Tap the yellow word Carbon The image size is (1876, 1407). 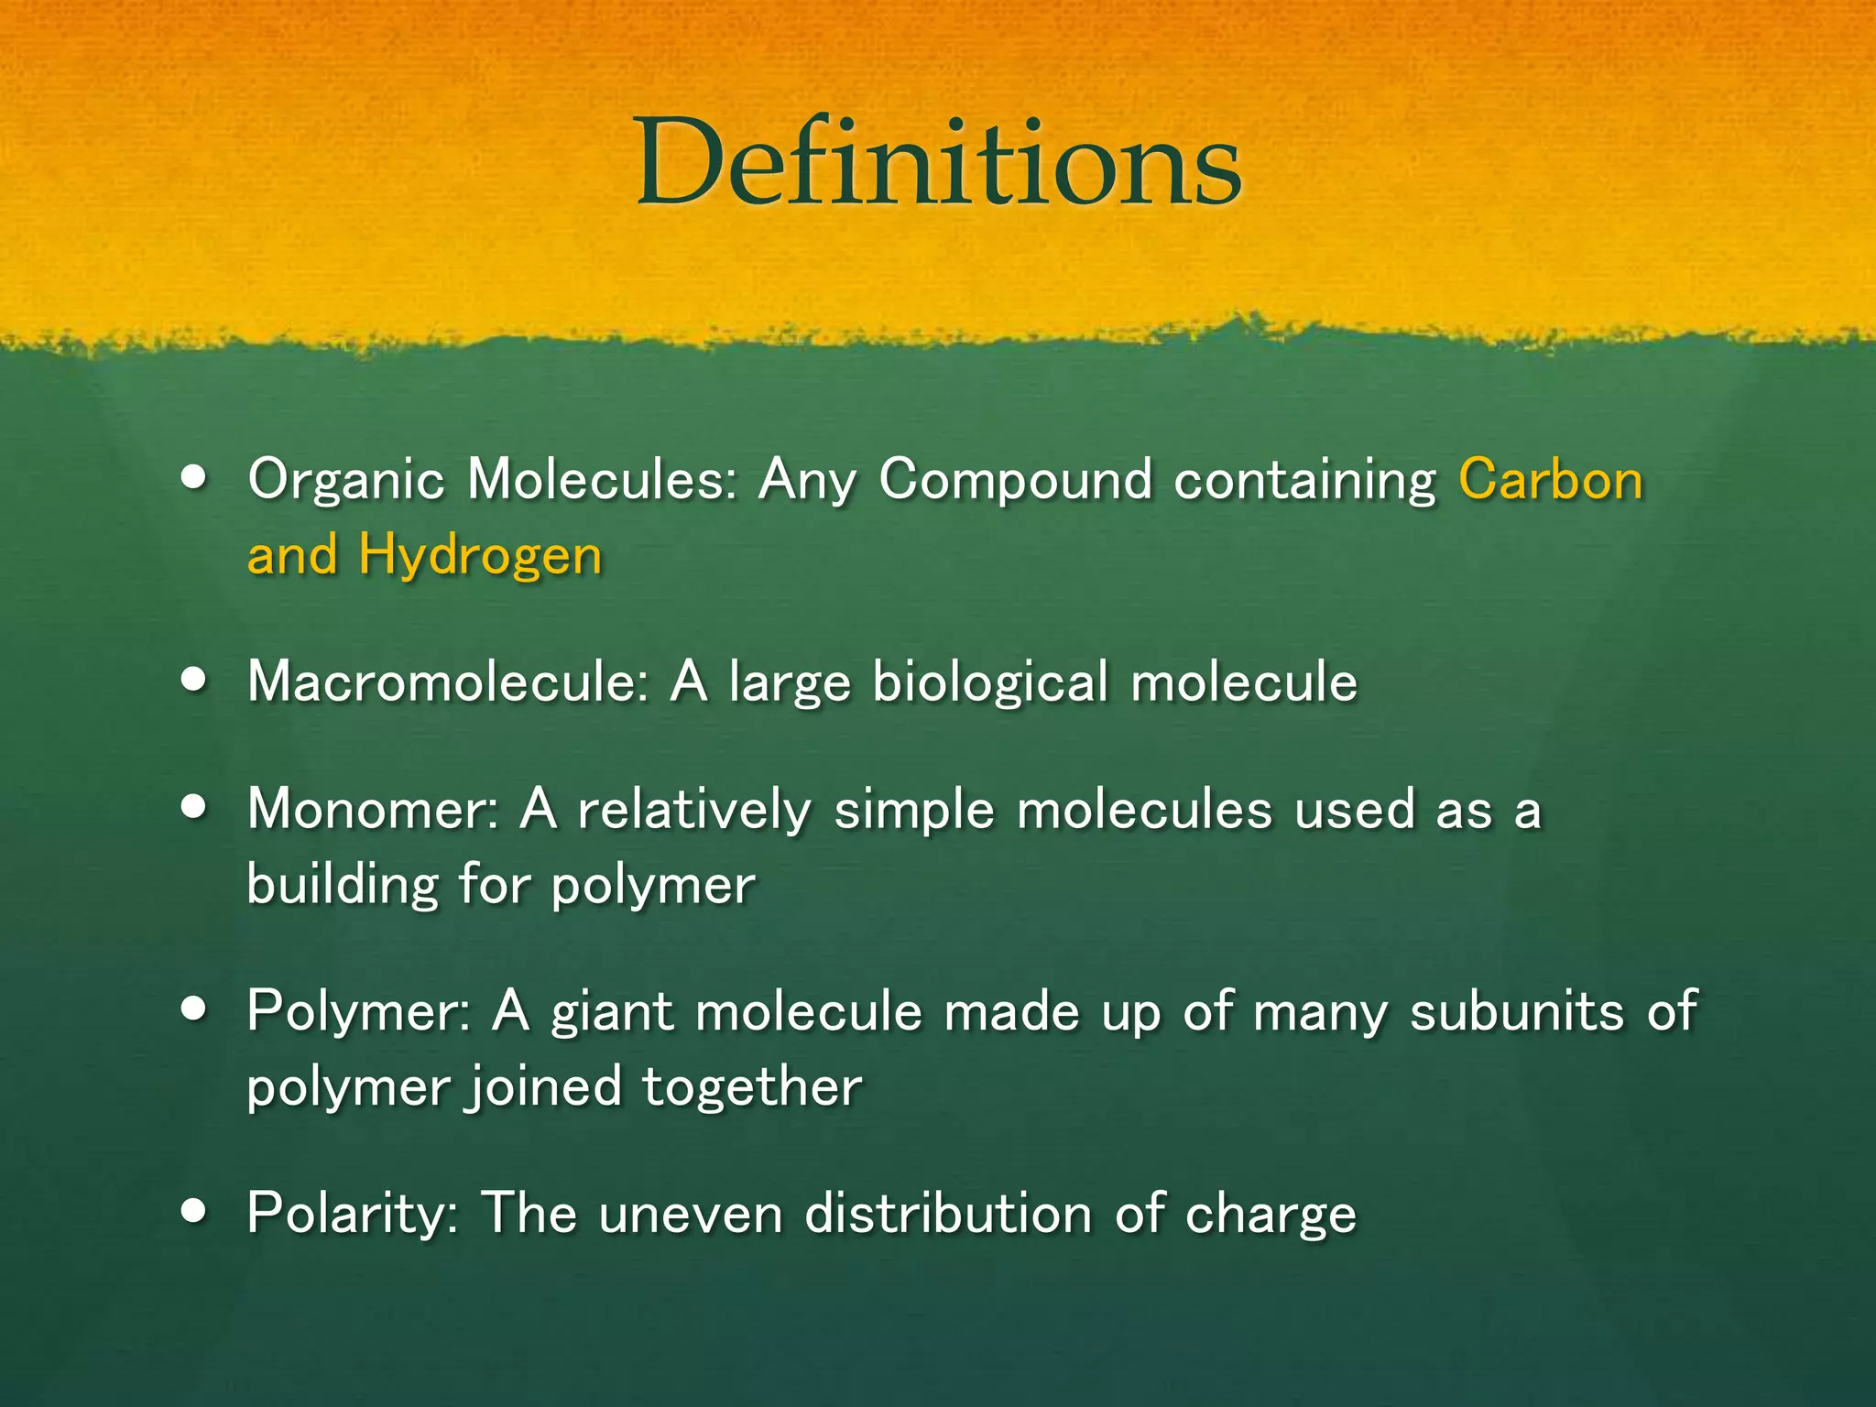[1551, 479]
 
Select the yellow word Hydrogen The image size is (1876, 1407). [480, 556]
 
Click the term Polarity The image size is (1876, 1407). [353, 1214]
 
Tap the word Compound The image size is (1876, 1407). [1015, 481]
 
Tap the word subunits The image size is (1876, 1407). [1516, 1012]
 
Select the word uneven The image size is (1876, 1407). [691, 1215]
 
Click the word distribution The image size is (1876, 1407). [948, 1214]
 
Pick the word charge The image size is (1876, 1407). [1270, 1216]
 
